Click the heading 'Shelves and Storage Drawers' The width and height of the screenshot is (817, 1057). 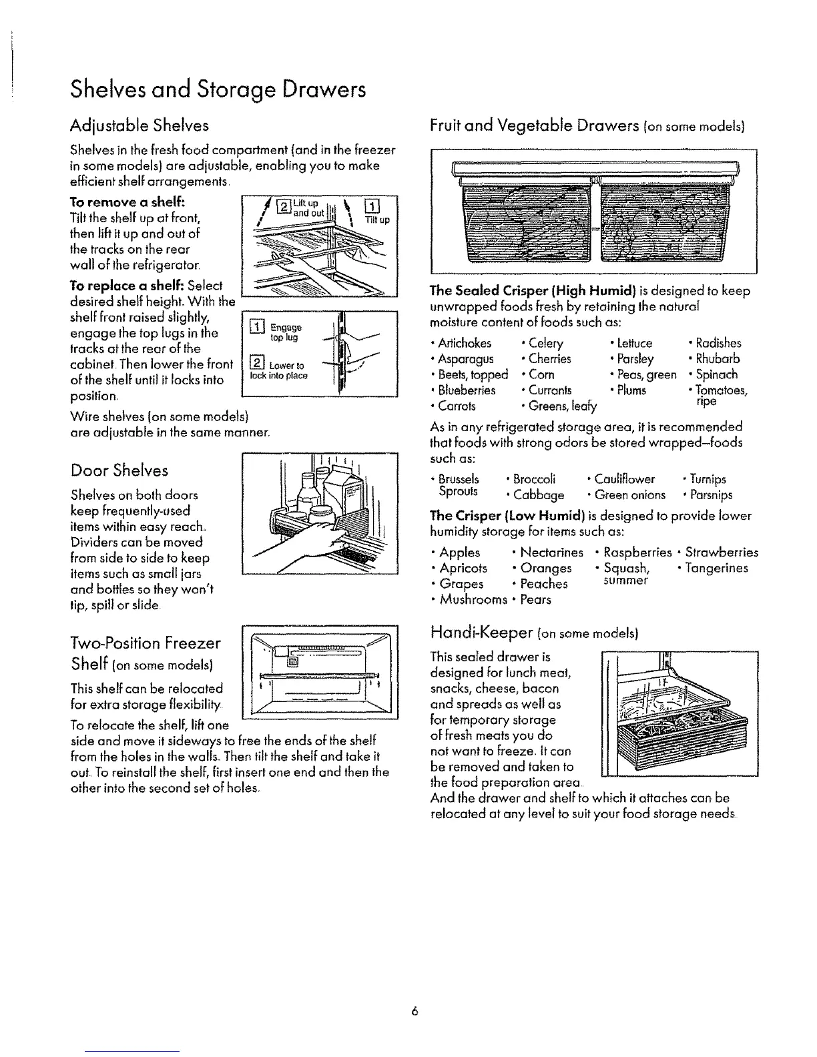[218, 89]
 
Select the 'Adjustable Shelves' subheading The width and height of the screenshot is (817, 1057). [140, 125]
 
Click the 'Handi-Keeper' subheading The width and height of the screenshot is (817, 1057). [479, 631]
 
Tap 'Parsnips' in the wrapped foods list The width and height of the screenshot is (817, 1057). [711, 495]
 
